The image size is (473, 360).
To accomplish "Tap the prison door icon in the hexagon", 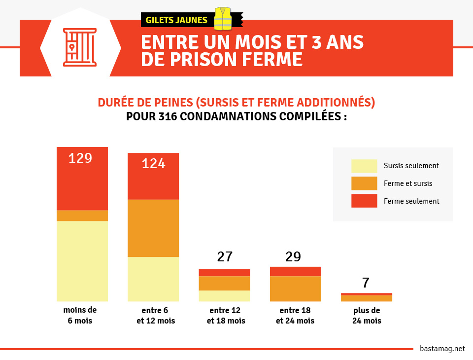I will pos(80,47).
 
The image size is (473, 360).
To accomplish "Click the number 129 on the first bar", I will pos(80,158).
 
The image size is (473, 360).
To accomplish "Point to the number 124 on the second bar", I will pos(153,163).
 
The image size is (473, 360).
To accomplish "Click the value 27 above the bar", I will pos(225,257).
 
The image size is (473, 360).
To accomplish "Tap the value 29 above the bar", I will pos(293,257).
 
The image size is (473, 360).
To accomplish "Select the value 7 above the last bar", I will pos(366,283).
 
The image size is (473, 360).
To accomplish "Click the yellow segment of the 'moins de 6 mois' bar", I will pos(82,261).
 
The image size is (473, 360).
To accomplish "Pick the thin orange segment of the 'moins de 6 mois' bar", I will pos(82,216).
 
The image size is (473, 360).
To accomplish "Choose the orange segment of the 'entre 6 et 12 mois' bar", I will pos(153,228).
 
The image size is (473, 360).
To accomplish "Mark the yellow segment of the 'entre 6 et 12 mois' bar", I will pos(153,279).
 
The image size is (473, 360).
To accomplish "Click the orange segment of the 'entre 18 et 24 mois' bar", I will pos(296,288).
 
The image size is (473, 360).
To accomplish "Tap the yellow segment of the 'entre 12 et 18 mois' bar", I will pos(224,296).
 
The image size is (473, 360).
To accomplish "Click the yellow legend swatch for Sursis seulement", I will pos(364,166).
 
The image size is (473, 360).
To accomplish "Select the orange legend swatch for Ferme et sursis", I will pos(364,183).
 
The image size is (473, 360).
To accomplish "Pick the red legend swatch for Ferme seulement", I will pos(364,201).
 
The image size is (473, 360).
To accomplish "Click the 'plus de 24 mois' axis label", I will pos(367,316).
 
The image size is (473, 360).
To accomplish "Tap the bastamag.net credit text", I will pos(442,349).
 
